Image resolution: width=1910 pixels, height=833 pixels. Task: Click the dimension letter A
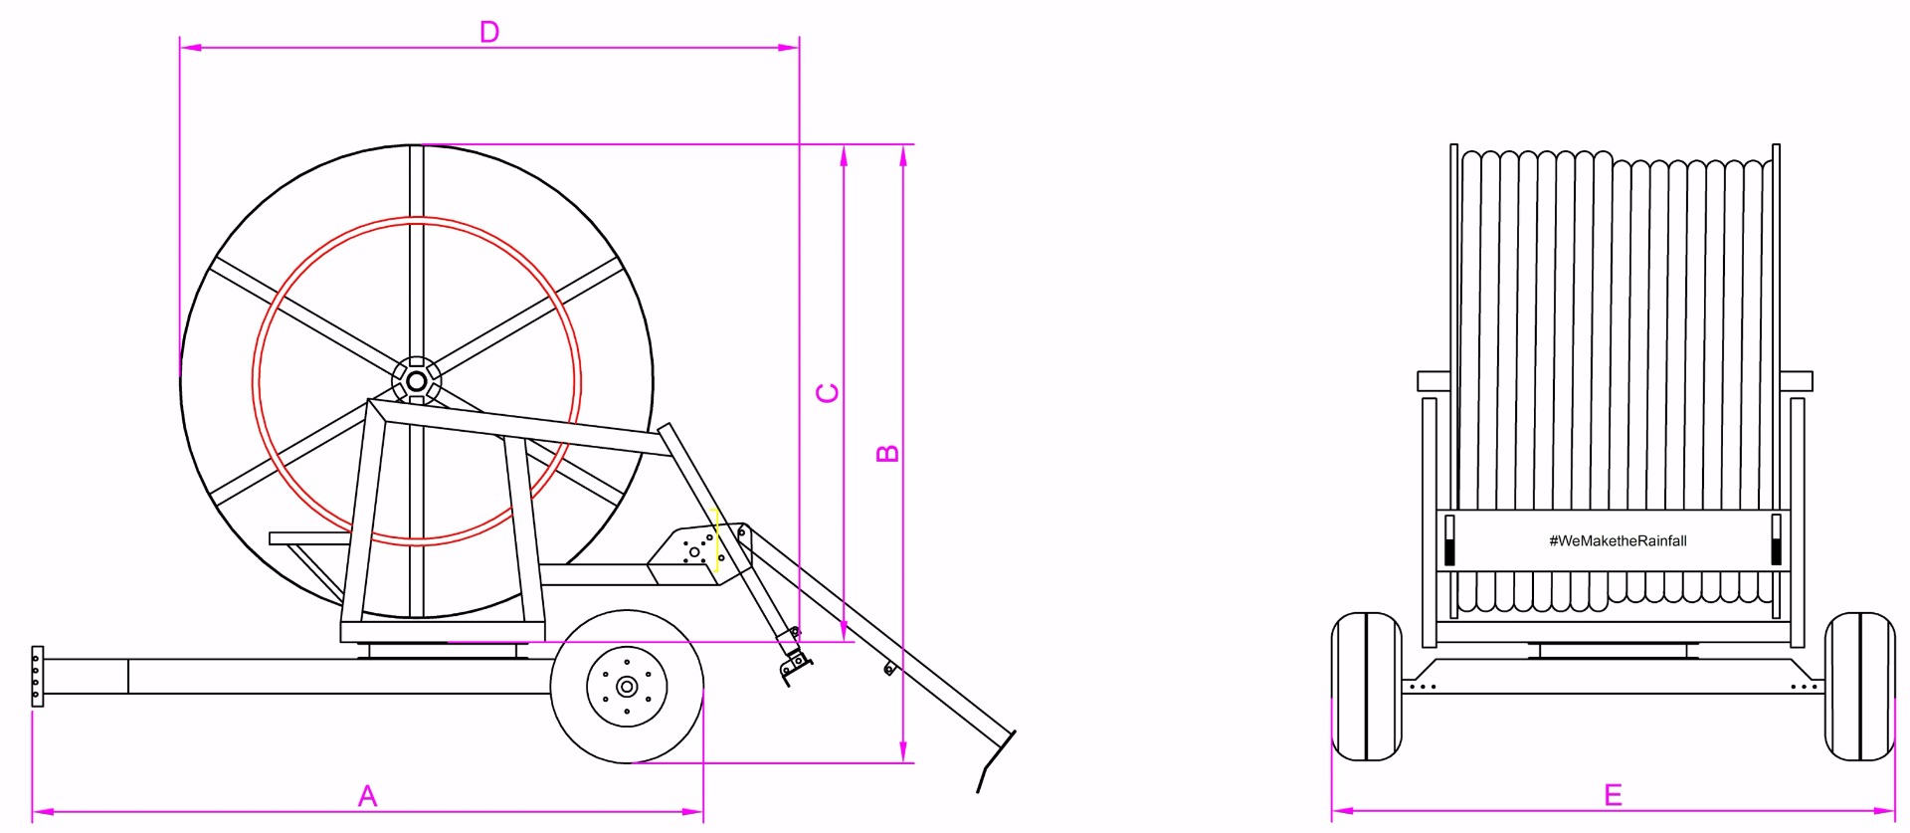pos(367,796)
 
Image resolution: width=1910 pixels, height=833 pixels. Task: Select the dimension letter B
pos(887,454)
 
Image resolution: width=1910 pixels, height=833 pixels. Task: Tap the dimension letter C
pos(828,393)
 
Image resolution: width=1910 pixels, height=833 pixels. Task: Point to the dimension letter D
pos(489,32)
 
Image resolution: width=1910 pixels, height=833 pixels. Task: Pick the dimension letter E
pos(1614,795)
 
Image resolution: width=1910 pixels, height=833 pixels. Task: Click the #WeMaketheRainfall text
pos(1618,540)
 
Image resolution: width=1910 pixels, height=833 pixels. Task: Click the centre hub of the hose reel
pos(417,381)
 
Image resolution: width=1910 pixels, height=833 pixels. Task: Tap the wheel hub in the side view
pos(627,687)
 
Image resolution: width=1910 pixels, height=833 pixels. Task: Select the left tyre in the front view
pos(1366,687)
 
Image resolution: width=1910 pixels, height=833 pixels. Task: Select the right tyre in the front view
pos(1859,687)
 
